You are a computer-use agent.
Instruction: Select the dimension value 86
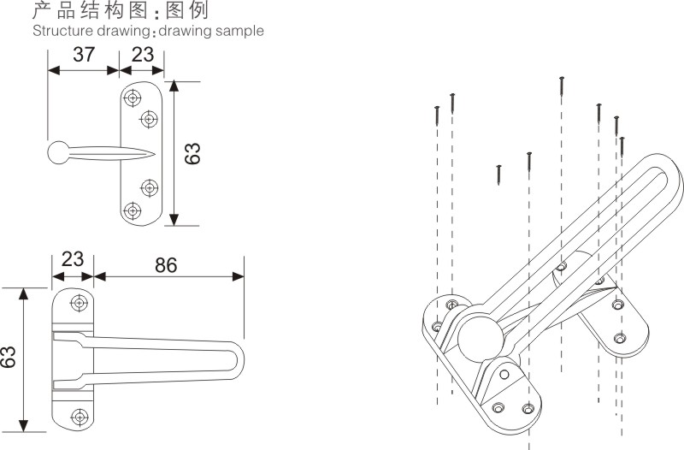click(166, 265)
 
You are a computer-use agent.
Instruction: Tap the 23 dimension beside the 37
click(141, 55)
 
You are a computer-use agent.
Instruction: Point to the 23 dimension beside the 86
click(73, 258)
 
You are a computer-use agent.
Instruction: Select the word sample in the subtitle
click(243, 31)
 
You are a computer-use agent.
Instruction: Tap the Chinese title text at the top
click(120, 10)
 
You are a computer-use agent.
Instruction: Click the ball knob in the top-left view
click(60, 153)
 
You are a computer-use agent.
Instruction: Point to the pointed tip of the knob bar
click(154, 153)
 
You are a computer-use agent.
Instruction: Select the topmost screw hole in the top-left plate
click(133, 98)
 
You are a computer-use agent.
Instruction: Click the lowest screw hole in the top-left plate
click(133, 210)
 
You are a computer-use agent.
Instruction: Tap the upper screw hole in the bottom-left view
click(80, 303)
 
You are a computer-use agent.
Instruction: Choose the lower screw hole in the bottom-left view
click(80, 417)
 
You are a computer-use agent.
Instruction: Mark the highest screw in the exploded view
click(562, 86)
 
